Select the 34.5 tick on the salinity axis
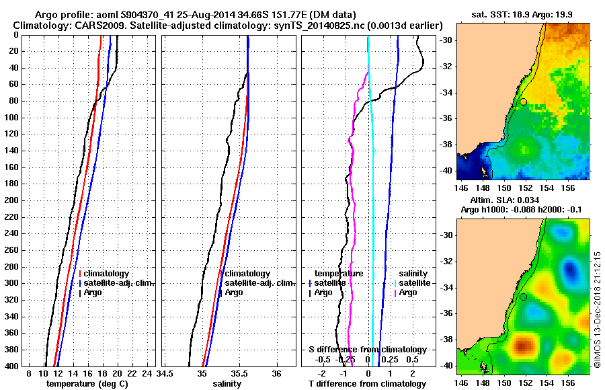click(x=165, y=373)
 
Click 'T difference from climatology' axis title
click(x=367, y=384)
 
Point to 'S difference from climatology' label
click(x=367, y=350)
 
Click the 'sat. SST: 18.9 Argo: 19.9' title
click(x=522, y=14)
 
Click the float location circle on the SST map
click(x=523, y=102)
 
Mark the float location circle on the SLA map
click(x=523, y=297)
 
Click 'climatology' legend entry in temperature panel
click(x=108, y=274)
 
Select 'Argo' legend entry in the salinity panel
click(x=233, y=292)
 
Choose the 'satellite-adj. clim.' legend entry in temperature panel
click(x=118, y=283)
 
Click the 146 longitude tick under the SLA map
click(x=461, y=382)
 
